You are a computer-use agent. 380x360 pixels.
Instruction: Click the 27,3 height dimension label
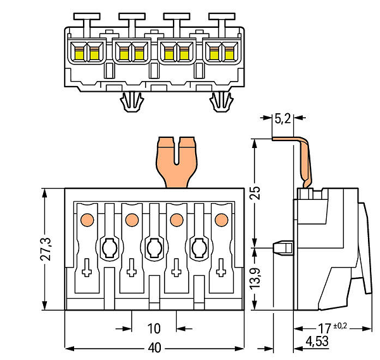tap(46, 249)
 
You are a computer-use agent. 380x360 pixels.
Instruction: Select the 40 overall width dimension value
tap(155, 348)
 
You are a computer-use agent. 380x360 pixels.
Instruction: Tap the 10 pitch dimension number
tap(154, 328)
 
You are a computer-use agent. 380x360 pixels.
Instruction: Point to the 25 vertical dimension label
tap(255, 193)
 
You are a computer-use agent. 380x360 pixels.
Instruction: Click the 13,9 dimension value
tap(255, 278)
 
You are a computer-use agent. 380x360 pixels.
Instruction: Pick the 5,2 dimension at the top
tap(282, 118)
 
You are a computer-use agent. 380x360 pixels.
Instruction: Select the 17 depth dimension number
tap(324, 328)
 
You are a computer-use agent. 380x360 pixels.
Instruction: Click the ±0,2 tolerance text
tap(340, 326)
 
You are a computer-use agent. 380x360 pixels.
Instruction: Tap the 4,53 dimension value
tap(317, 342)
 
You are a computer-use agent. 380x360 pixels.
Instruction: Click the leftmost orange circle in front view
tap(87, 220)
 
